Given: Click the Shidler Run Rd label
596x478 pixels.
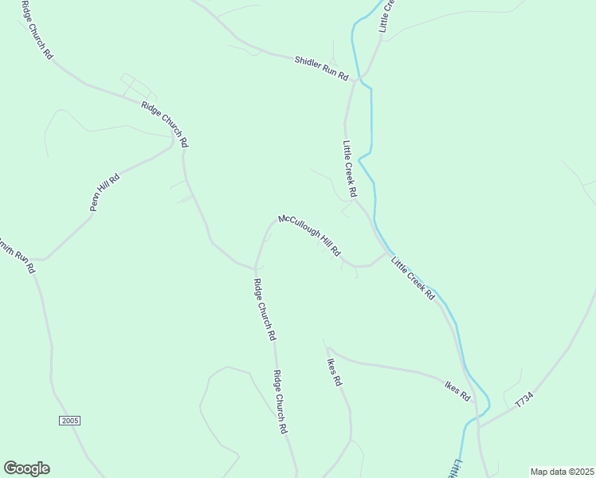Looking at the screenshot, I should (322, 68).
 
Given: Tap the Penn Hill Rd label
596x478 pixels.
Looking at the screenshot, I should (104, 191).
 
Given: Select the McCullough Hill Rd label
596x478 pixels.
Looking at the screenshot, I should (309, 235).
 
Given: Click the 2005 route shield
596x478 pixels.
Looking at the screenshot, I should (70, 420).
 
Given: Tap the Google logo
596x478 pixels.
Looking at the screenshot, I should (26, 468).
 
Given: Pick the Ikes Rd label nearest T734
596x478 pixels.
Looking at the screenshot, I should (457, 390).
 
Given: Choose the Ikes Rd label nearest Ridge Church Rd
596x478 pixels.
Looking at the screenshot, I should (335, 371).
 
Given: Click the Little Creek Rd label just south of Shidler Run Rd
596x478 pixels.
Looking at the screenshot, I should (349, 170).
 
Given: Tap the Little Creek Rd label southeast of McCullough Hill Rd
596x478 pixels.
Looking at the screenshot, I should (413, 277).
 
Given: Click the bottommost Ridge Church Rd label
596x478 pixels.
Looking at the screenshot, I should (280, 402).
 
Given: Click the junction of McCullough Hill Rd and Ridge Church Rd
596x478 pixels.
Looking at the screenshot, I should (255, 266).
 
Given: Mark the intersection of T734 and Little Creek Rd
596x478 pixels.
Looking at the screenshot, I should (479, 426).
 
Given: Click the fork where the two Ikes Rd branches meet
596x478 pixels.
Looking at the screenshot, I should (327, 349).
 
